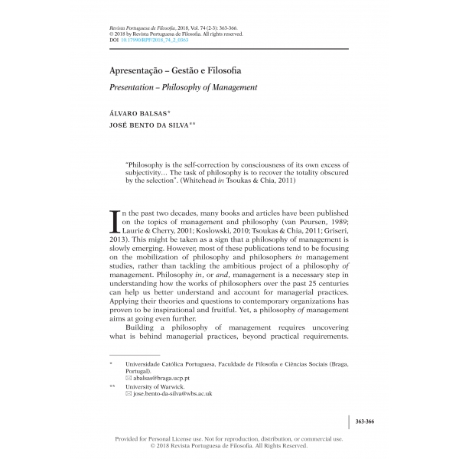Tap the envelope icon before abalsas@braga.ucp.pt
click(128, 378)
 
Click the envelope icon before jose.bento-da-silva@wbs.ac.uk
click(128, 394)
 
